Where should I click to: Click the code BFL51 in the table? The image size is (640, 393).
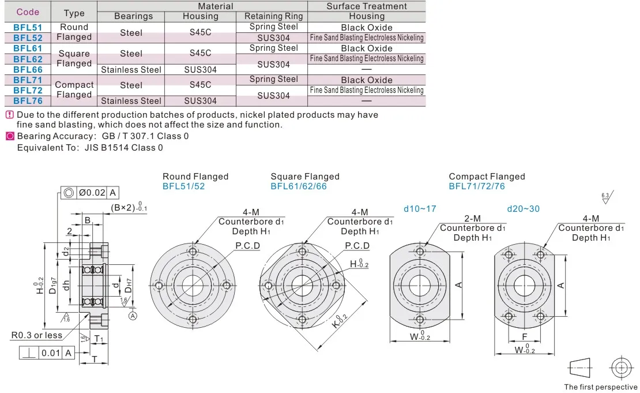[x=28, y=27]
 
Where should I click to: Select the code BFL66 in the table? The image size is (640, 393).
[x=28, y=69]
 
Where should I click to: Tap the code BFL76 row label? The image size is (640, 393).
[x=28, y=101]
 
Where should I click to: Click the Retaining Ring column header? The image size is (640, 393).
[x=273, y=16]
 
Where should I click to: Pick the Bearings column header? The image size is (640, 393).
[x=133, y=16]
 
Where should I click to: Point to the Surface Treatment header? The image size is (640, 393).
[x=367, y=6]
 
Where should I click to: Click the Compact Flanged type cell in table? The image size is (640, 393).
[x=74, y=89]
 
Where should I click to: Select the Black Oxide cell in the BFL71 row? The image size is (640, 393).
[x=367, y=80]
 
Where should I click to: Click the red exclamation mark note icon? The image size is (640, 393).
[x=10, y=115]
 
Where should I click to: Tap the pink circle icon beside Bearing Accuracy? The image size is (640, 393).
[x=10, y=136]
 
